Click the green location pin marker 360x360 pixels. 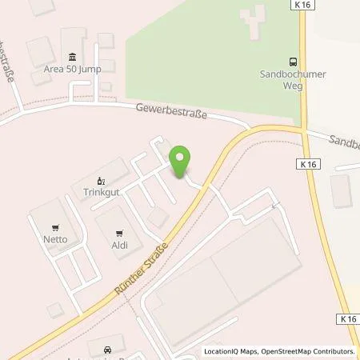(180, 162)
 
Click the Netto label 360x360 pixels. (54, 238)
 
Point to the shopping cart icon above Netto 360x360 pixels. (54, 226)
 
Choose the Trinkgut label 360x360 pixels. (101, 192)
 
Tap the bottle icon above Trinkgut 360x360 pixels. (101, 180)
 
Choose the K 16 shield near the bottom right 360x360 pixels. (348, 318)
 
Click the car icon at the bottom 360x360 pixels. (108, 350)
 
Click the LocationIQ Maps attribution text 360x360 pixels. (231, 351)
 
